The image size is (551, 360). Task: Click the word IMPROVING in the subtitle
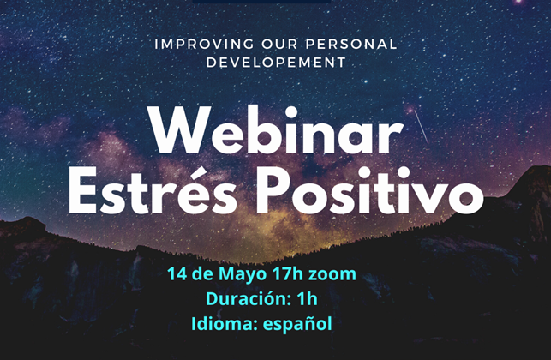click(204, 45)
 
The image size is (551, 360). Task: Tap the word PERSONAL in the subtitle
click(351, 45)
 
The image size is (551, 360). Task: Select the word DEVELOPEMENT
click(276, 63)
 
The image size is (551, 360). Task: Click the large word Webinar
click(275, 131)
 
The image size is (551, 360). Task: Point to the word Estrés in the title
click(153, 190)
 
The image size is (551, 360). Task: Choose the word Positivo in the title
click(370, 190)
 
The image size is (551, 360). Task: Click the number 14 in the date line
click(177, 274)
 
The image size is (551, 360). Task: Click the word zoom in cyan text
click(332, 275)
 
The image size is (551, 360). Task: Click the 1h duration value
click(307, 299)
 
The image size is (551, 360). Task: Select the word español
click(297, 324)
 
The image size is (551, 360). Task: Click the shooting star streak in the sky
click(421, 126)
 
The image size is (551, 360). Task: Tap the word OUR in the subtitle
click(279, 45)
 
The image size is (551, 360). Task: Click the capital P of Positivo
click(273, 190)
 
